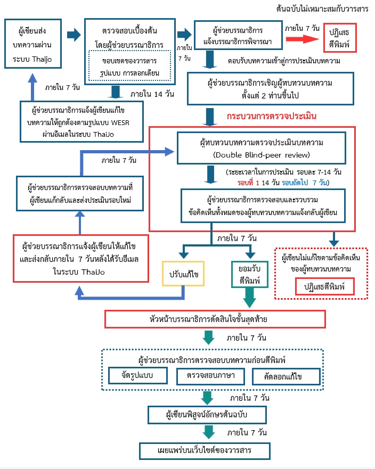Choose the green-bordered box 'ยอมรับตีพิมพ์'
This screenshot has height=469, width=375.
[x=249, y=271]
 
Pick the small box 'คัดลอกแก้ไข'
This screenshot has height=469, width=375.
[x=287, y=376]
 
